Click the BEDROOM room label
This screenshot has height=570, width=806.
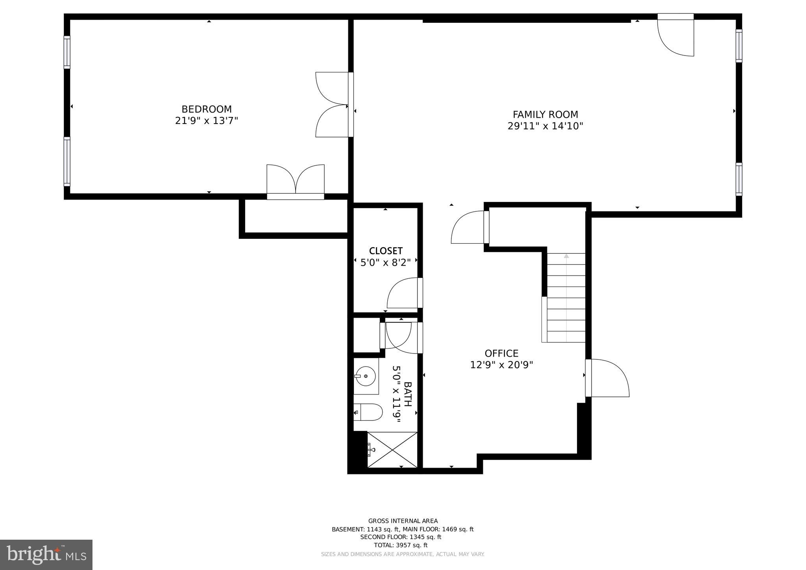tap(206, 109)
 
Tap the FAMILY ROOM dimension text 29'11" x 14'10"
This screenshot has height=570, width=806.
tap(545, 126)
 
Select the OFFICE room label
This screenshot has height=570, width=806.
tap(501, 353)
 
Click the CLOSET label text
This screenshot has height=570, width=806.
tap(386, 251)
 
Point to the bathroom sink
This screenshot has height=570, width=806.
tap(366, 376)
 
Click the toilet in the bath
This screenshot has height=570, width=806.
tap(368, 412)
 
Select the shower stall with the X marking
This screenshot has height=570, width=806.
tap(392, 450)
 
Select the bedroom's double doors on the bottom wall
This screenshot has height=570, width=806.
tap(296, 181)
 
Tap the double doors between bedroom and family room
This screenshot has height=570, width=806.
tap(333, 105)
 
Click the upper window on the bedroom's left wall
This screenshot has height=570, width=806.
tap(67, 52)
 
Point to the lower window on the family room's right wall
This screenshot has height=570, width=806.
tap(739, 179)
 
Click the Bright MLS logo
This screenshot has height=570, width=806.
tap(46, 555)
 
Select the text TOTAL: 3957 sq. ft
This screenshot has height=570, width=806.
tap(401, 545)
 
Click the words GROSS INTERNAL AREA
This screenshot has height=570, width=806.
tap(403, 521)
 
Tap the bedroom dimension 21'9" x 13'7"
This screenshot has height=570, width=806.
tap(206, 120)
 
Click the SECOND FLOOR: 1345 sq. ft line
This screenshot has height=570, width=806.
tap(401, 537)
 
